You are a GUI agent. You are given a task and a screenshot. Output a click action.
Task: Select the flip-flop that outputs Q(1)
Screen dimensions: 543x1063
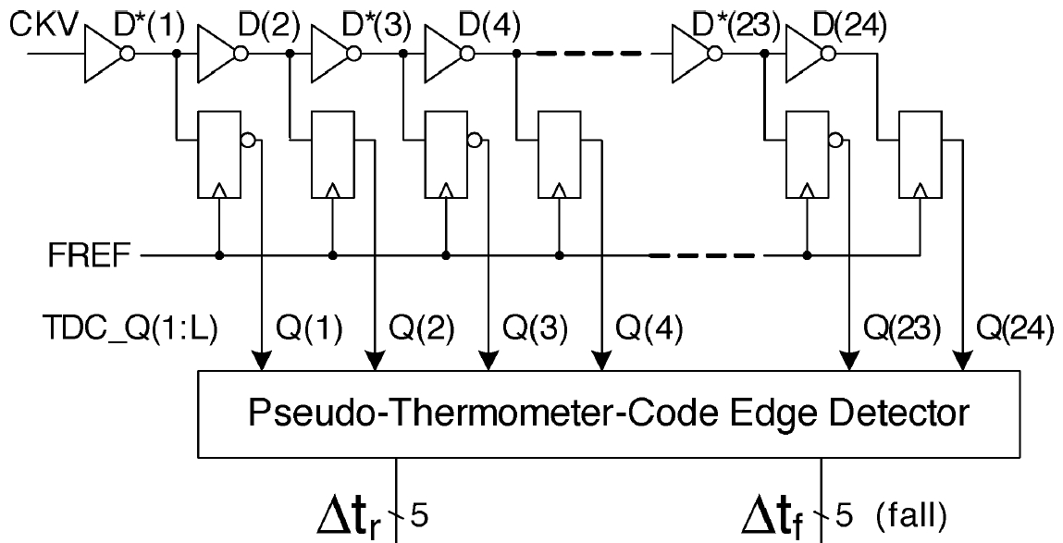(219, 156)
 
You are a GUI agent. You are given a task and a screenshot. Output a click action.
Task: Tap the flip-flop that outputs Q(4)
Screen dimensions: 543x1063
(559, 156)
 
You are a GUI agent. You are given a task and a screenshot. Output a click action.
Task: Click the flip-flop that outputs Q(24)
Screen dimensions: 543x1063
(920, 156)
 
